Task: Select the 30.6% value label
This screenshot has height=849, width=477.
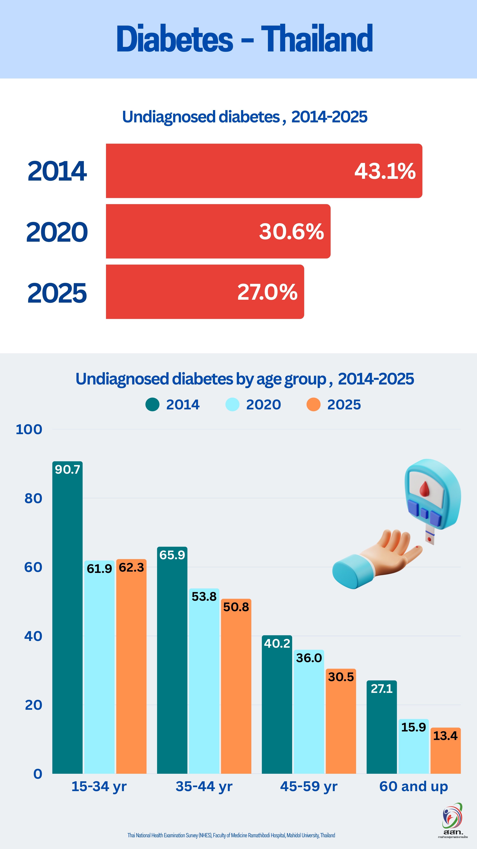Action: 291,231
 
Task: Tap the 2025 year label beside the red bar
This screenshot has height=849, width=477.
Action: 57,293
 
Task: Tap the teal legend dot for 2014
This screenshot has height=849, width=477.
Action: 152,404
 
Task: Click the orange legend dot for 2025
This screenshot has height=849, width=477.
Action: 313,404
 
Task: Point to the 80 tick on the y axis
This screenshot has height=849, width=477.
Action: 33,498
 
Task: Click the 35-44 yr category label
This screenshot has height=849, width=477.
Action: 204,786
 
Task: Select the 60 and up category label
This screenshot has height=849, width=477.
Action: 413,786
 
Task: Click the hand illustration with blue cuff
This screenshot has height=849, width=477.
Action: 375,560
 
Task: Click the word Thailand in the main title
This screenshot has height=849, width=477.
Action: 317,39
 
